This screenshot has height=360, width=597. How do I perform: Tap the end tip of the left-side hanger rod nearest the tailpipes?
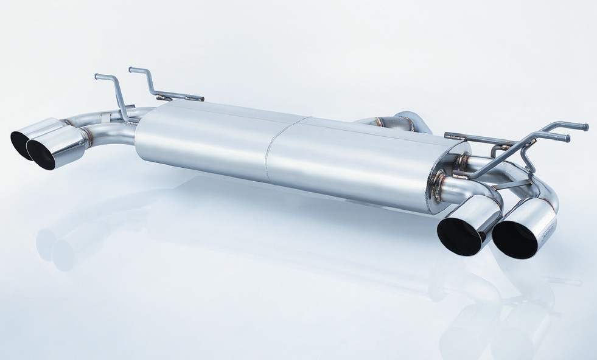(96, 76)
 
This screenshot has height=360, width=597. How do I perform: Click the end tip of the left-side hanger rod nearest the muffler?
(131, 69)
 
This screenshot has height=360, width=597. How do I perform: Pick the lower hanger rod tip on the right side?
(567, 139)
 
